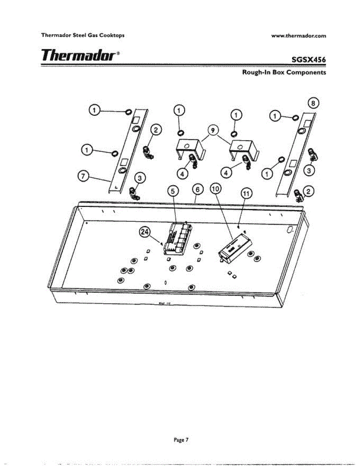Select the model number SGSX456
click(306, 60)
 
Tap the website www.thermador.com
click(299, 36)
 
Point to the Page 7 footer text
click(181, 440)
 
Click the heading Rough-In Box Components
click(284, 72)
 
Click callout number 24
click(145, 232)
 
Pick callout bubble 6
click(198, 190)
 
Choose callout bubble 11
click(247, 193)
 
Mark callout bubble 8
click(313, 103)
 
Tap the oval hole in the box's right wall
click(290, 230)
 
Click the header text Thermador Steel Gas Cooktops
click(83, 35)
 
